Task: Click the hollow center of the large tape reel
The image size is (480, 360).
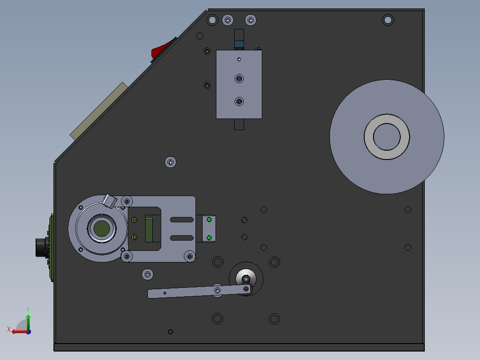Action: [386, 136]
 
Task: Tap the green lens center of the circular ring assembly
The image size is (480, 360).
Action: [102, 228]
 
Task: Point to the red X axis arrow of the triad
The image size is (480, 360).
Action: [17, 331]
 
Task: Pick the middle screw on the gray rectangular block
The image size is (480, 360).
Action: [239, 79]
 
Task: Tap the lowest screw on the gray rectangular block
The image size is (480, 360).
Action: [239, 102]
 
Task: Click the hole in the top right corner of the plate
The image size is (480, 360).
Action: [388, 20]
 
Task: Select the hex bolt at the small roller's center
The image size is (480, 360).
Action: [246, 279]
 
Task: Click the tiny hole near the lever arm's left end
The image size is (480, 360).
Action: [165, 293]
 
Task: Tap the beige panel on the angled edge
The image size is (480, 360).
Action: [98, 110]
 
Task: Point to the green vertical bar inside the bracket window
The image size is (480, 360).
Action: [149, 229]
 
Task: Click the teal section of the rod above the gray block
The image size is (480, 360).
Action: [239, 44]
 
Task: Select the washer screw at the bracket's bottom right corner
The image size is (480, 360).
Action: [190, 256]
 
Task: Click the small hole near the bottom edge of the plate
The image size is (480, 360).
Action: [170, 331]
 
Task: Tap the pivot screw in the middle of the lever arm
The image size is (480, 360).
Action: [217, 291]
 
